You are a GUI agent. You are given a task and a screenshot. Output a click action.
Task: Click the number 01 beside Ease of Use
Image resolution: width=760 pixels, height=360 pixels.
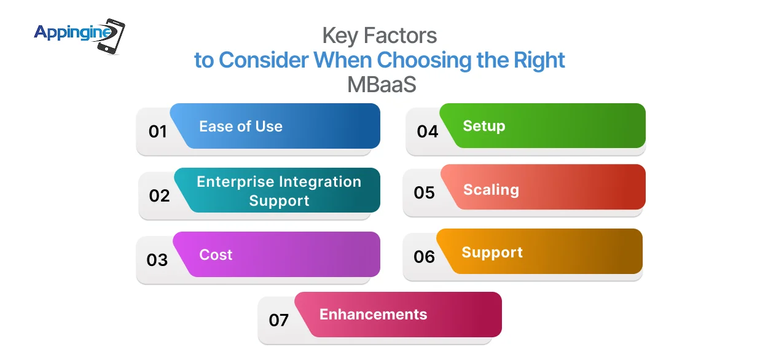click(x=158, y=131)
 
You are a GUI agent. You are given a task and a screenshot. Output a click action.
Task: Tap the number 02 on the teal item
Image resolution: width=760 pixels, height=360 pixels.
click(x=159, y=195)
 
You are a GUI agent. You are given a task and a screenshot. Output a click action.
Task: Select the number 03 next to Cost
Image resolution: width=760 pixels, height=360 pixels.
click(x=157, y=260)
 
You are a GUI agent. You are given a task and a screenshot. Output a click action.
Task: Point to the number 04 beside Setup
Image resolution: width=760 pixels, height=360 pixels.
click(x=427, y=131)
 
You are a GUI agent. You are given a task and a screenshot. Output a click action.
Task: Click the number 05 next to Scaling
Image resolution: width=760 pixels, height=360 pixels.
click(x=424, y=193)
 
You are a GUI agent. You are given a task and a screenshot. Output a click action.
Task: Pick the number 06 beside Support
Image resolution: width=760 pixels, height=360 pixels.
click(x=424, y=257)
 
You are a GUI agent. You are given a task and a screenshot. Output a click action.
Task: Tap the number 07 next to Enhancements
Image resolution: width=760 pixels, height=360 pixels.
click(x=279, y=320)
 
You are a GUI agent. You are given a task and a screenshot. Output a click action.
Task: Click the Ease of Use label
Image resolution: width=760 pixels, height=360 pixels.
click(x=240, y=127)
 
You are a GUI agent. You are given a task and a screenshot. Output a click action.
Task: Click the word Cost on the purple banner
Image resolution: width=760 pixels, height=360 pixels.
click(x=216, y=254)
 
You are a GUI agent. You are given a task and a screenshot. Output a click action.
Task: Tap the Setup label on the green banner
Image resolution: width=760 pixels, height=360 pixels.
click(x=484, y=126)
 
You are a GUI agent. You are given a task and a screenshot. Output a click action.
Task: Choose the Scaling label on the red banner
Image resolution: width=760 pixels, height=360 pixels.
click(x=491, y=190)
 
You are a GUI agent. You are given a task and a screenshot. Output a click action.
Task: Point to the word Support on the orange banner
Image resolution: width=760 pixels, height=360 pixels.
click(x=492, y=252)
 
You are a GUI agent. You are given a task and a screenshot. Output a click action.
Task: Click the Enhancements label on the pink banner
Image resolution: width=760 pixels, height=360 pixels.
click(x=373, y=315)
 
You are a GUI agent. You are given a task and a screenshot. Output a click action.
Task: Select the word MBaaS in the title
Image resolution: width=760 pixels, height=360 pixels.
click(x=382, y=84)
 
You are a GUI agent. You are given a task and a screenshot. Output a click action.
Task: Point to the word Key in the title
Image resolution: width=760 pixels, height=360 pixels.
click(x=339, y=36)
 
